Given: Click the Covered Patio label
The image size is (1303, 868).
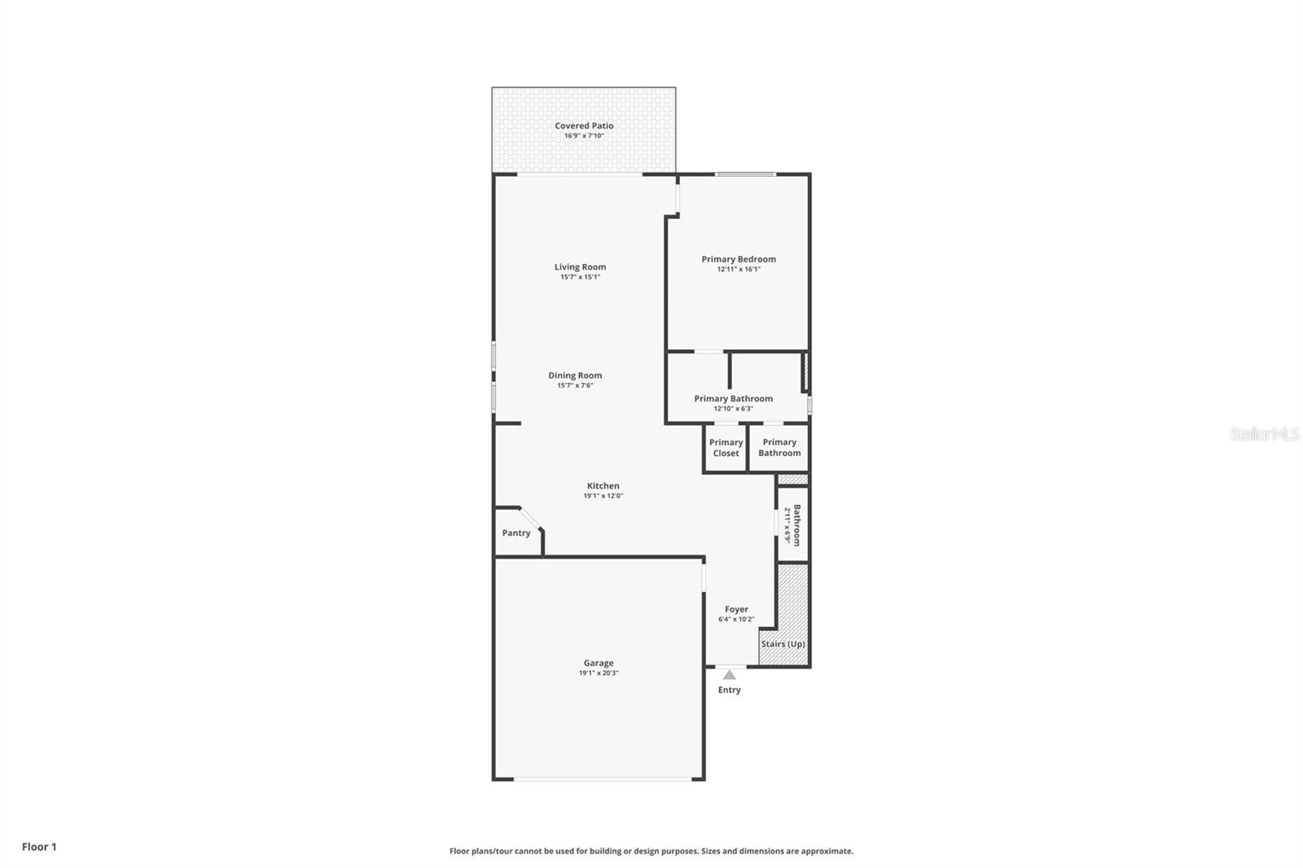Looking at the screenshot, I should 584,125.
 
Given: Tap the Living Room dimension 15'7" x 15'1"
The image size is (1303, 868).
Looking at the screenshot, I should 580,277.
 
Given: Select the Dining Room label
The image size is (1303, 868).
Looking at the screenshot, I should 575,375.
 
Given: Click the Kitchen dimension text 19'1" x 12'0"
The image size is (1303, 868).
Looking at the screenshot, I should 603,496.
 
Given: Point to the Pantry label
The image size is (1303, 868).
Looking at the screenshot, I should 515,533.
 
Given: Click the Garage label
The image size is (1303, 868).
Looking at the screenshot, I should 599,663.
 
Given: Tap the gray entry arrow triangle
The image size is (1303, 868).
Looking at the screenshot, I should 730,674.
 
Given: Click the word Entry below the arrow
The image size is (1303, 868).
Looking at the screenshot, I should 730,690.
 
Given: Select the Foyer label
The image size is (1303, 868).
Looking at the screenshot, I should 736,609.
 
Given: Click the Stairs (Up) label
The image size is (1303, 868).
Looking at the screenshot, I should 783,643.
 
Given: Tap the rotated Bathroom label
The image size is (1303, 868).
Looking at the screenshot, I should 797,525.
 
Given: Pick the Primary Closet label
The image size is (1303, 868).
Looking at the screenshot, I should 726,448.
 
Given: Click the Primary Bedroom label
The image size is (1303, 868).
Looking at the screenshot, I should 739,259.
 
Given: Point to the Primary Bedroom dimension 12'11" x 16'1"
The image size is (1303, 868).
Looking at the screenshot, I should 739,269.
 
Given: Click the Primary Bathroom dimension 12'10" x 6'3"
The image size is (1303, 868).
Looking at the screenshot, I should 733,409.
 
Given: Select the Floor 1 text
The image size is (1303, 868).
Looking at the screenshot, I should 39,847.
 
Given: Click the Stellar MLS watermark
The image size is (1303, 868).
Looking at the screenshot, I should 1264,434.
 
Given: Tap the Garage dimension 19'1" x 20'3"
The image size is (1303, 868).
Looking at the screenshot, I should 599,673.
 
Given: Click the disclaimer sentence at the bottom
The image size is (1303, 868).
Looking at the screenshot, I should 651,851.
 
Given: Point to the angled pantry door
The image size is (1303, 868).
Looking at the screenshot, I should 530,518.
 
